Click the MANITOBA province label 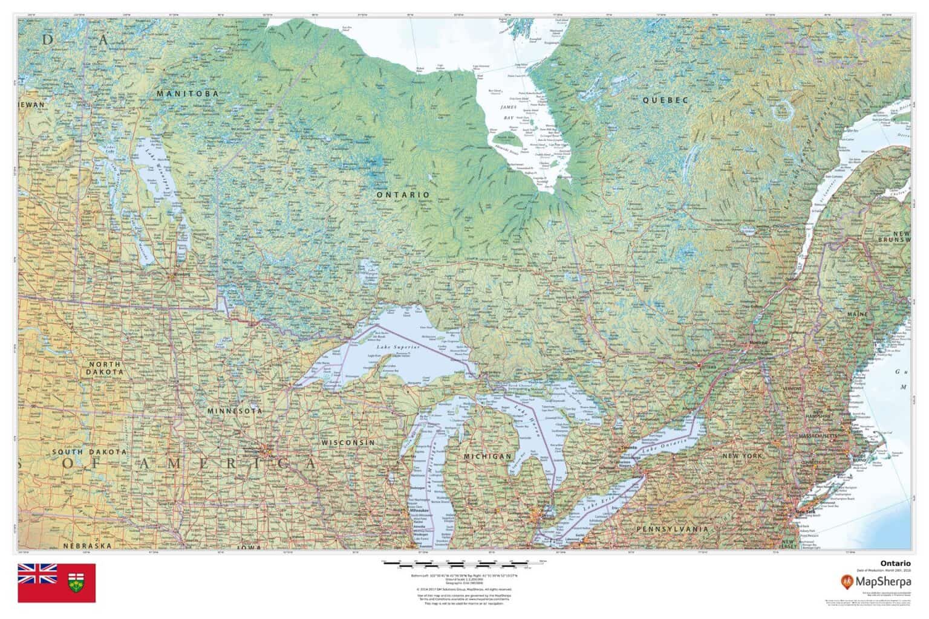[x=187, y=94]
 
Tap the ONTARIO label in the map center [x=403, y=195]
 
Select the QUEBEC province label [x=666, y=100]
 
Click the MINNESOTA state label [x=235, y=411]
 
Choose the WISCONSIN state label [x=348, y=443]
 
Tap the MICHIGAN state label [x=487, y=456]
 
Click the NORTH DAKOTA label [x=105, y=368]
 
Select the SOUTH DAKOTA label [x=89, y=452]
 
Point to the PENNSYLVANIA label [x=672, y=529]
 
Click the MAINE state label [x=888, y=314]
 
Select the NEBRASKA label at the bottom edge [x=88, y=545]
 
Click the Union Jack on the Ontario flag [x=37, y=574]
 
